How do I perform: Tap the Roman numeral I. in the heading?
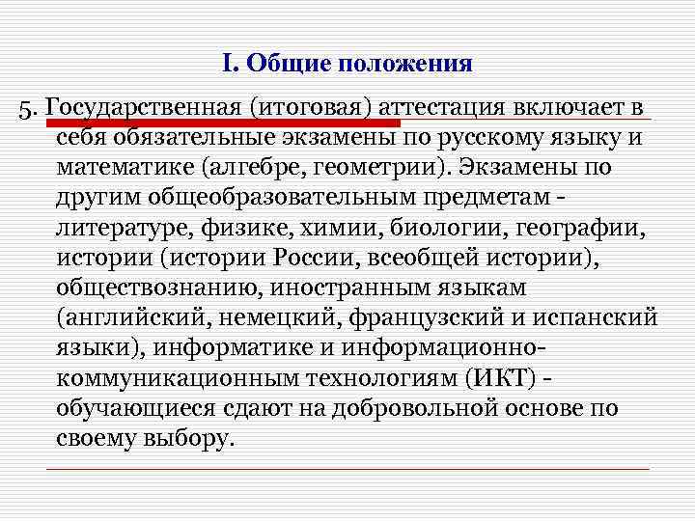click(x=228, y=65)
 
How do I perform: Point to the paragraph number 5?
click(x=28, y=106)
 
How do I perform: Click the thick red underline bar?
click(x=222, y=123)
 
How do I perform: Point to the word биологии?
click(x=437, y=230)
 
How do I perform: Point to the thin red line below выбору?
click(x=347, y=469)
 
